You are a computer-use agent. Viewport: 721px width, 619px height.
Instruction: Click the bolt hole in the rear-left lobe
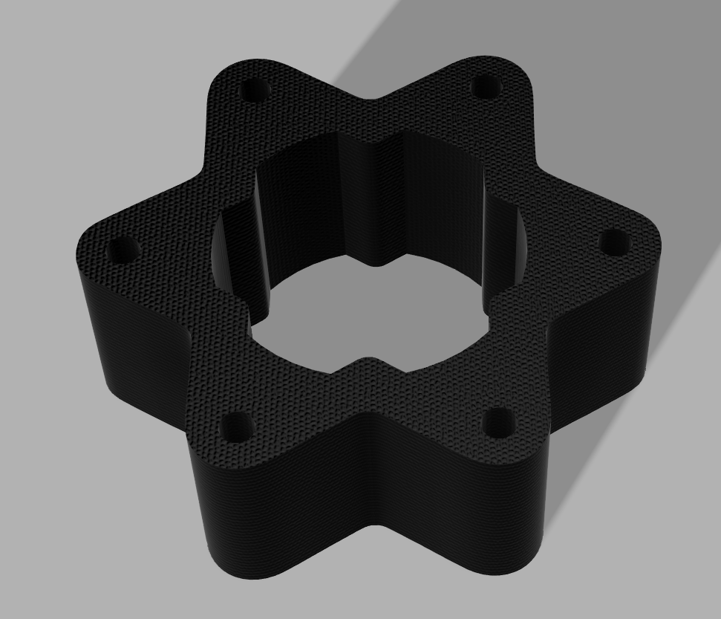255,92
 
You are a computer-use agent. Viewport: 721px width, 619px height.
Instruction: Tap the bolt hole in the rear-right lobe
486,88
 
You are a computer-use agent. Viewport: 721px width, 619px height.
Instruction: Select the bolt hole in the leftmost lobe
122,250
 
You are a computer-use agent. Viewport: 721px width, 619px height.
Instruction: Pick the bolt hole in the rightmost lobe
614,243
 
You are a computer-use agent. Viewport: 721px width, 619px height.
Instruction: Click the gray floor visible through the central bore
371,312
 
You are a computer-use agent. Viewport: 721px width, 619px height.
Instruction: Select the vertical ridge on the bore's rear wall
379,201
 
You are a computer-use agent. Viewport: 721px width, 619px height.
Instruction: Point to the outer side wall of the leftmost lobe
119,334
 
